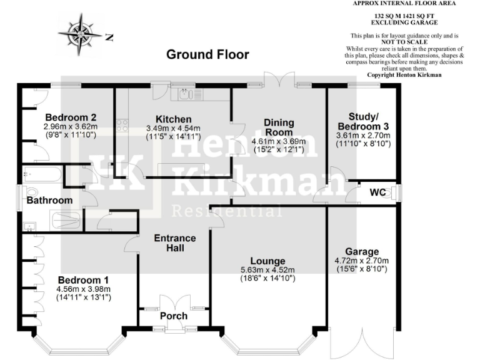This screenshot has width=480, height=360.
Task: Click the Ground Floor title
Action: point(207,54)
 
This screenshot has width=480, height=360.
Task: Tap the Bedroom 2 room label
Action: point(71,117)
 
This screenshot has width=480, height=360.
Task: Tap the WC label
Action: point(377,191)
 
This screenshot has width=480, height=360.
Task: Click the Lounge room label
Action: point(267,261)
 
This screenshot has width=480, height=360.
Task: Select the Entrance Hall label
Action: point(175,243)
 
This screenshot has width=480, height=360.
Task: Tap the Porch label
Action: point(174,316)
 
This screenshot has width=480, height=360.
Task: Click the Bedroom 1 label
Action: point(84,279)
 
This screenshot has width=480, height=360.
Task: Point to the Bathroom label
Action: point(49,200)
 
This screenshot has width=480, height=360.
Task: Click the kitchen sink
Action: point(186,95)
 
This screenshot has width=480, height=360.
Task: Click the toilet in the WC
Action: point(392,193)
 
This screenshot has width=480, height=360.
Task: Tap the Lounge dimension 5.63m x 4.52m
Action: point(267,270)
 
